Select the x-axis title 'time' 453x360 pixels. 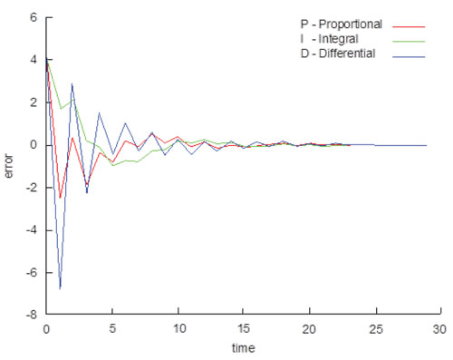(242, 347)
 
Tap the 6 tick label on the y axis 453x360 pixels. (33, 17)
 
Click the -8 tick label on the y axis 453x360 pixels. (31, 316)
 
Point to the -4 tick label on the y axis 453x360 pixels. (31, 230)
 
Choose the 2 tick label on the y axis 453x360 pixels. (33, 102)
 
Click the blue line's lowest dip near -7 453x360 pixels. (60, 288)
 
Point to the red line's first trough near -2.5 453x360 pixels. (60, 198)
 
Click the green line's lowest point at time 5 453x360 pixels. (111, 166)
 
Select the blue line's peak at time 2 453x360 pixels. (72, 84)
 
